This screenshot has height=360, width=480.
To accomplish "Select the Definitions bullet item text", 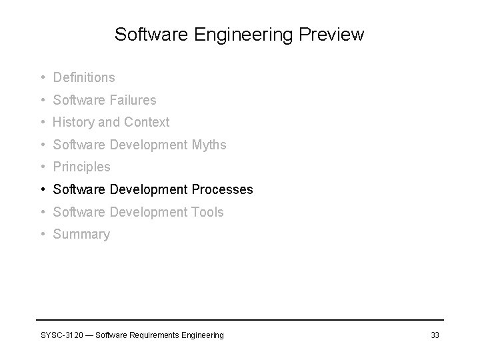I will (x=84, y=78).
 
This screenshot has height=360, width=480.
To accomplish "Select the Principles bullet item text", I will (x=81, y=167).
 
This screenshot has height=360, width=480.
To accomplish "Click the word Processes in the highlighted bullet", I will (x=222, y=189).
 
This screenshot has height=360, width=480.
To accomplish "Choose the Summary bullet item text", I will (x=81, y=235).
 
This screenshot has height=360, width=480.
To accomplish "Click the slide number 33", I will (x=435, y=335).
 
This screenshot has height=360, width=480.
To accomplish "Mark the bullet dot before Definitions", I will (x=42, y=78).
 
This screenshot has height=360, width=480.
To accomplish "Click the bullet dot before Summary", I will (x=42, y=235).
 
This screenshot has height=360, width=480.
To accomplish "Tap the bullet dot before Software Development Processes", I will (x=42, y=189).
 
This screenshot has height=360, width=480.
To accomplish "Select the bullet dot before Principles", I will (x=42, y=167).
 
